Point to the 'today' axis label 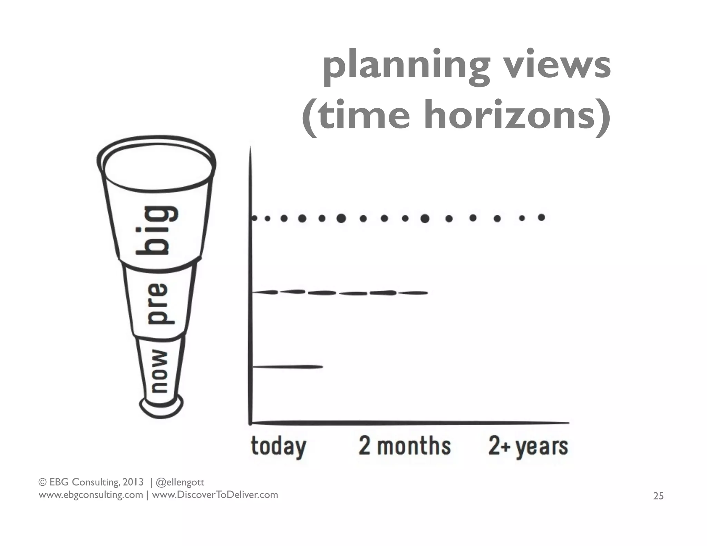point(278,447)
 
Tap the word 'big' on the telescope point(157,230)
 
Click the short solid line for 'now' point(287,367)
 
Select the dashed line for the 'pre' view point(340,293)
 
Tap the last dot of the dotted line point(541,217)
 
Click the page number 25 point(658,496)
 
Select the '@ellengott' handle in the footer point(180,482)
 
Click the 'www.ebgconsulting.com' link point(90,495)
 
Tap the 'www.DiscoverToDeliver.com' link point(215,495)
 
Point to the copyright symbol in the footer point(42,482)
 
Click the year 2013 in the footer point(133,482)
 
